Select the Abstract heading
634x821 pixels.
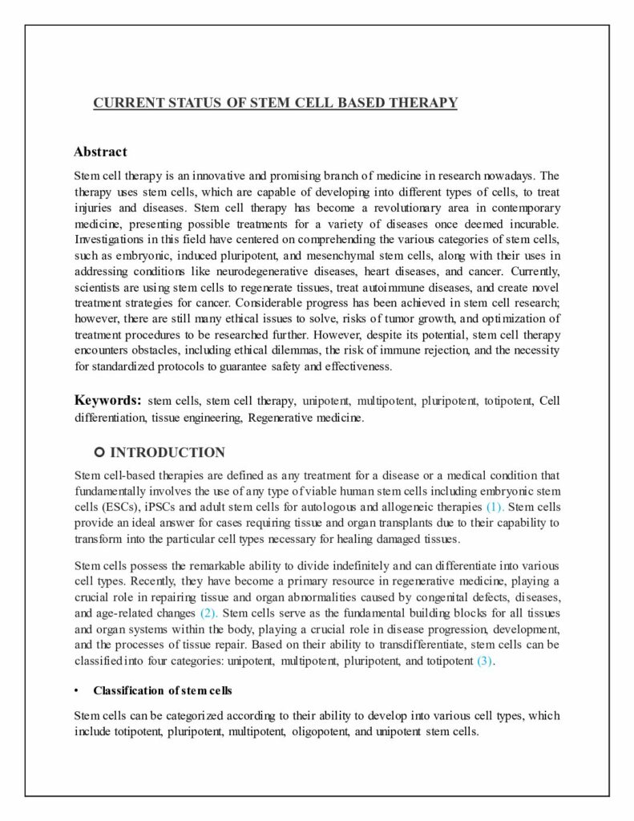click(100, 152)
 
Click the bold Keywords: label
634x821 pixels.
click(108, 400)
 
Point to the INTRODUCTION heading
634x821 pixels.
click(168, 452)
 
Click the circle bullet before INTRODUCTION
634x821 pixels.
click(99, 452)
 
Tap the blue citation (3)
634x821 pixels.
click(486, 661)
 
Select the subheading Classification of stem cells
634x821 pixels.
click(163, 690)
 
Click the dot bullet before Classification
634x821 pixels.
click(76, 690)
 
